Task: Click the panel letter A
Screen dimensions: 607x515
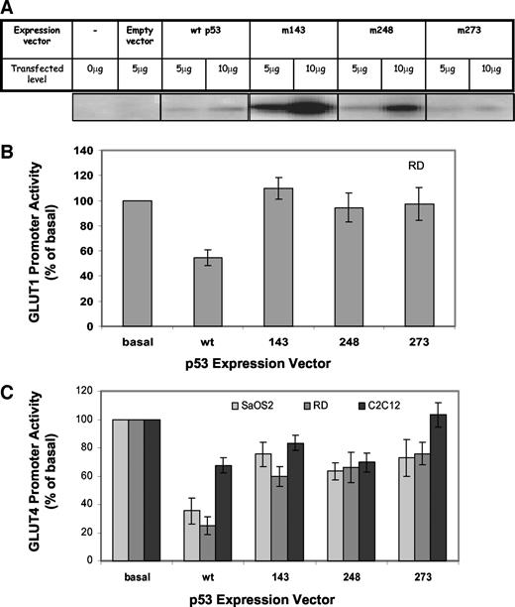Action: [x=9, y=8]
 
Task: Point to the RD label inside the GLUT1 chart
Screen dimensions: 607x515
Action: [x=403, y=170]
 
